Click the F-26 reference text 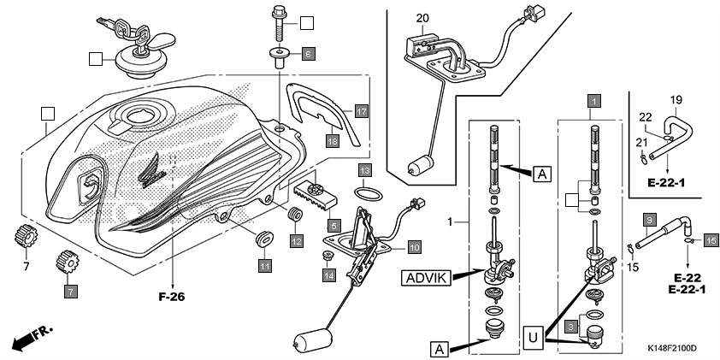(x=172, y=298)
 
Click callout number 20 (x=422, y=18)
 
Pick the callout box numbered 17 (x=362, y=111)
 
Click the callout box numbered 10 (x=413, y=248)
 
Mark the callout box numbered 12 (x=296, y=241)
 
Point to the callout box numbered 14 (x=328, y=275)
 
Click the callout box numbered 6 (x=308, y=53)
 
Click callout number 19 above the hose (x=675, y=99)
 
